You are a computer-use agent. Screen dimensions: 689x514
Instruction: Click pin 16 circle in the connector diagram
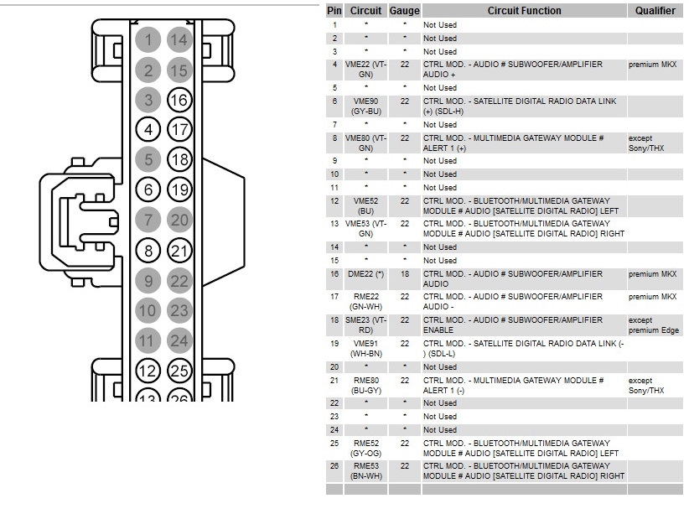(x=179, y=101)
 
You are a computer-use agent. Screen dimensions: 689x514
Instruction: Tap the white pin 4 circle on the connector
(x=148, y=130)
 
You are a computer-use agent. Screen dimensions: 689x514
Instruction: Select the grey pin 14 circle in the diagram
(x=179, y=40)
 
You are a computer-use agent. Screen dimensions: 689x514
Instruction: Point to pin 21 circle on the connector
(x=179, y=251)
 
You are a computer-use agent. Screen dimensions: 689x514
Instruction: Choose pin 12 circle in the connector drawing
(x=148, y=371)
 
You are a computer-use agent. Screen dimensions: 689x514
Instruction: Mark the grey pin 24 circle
(x=179, y=340)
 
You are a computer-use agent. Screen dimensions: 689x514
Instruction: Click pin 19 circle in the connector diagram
(x=179, y=190)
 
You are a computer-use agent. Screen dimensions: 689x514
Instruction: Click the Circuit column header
(x=365, y=11)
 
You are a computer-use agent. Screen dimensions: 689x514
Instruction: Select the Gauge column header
(x=404, y=11)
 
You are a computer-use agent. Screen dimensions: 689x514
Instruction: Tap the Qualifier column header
(x=655, y=11)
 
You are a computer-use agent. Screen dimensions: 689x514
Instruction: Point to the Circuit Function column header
(x=524, y=11)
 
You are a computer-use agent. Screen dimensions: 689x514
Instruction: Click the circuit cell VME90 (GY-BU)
(x=365, y=106)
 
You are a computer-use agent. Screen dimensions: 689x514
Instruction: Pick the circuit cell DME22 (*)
(x=365, y=274)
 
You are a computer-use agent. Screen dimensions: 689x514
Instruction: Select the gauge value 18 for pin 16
(x=405, y=274)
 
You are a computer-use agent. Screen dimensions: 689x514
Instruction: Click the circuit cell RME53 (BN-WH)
(x=365, y=471)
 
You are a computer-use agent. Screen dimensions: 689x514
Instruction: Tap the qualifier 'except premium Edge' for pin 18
(x=654, y=325)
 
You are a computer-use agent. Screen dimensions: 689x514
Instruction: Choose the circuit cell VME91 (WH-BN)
(x=367, y=349)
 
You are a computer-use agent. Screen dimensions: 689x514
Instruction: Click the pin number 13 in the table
(x=334, y=224)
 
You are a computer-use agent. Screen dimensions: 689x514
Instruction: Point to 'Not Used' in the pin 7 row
(x=440, y=125)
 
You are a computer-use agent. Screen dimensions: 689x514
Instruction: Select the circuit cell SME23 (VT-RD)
(x=365, y=325)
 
